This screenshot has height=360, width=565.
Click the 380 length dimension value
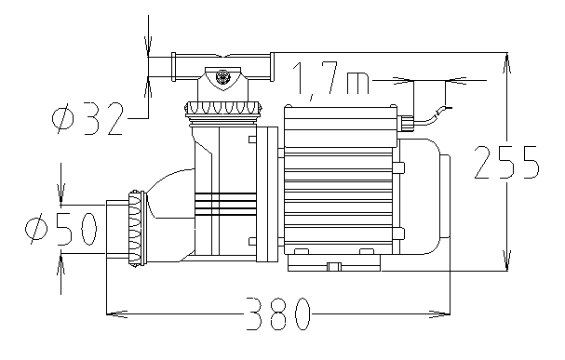point(278,313)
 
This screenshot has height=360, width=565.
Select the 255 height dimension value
point(506,162)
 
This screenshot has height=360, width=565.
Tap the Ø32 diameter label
point(87,118)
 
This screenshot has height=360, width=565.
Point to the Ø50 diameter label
point(61,229)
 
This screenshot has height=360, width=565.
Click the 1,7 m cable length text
point(330,79)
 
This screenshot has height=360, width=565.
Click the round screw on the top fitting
point(222,76)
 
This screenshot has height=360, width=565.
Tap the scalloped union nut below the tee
point(223,109)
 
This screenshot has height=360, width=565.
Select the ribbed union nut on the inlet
point(137,229)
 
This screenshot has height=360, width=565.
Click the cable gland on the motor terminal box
point(406,124)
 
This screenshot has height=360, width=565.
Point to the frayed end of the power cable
point(444,110)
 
